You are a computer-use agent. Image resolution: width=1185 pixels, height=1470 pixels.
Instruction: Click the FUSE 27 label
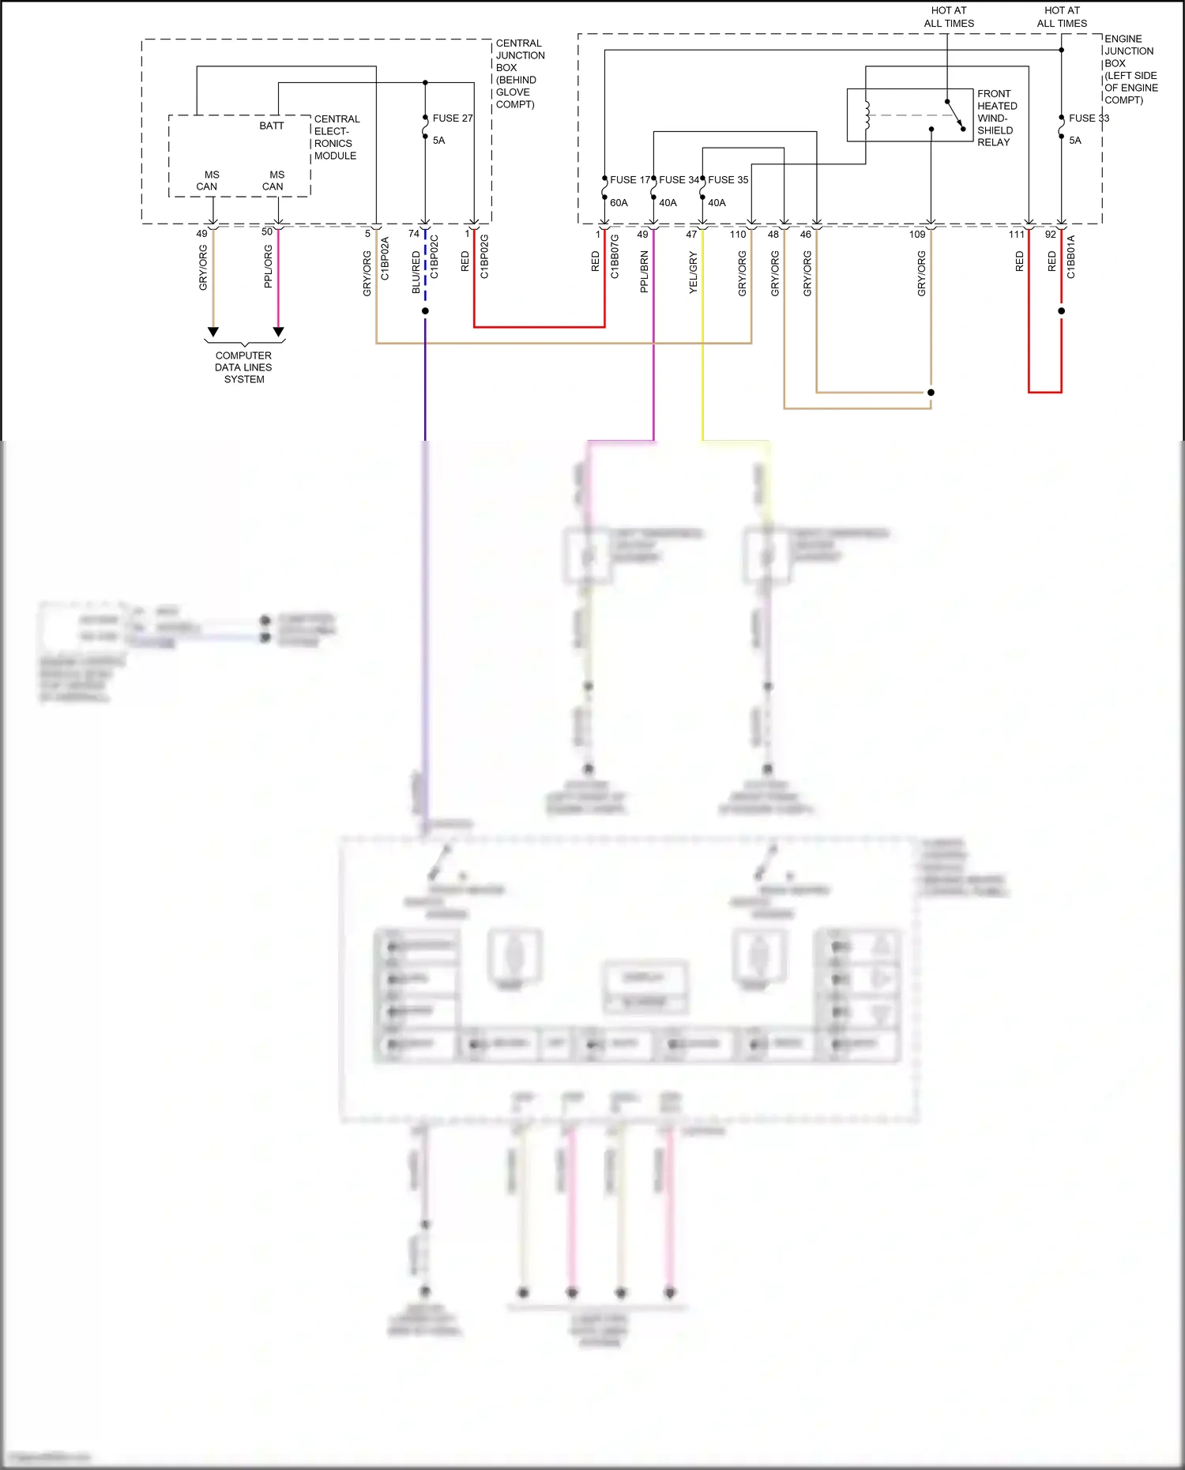coord(452,118)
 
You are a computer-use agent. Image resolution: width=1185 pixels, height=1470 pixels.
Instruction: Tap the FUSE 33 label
coord(1089,118)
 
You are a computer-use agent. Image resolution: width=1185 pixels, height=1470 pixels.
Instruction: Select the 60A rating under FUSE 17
coord(619,203)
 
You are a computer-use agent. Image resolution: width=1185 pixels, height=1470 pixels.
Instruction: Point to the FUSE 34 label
coord(679,180)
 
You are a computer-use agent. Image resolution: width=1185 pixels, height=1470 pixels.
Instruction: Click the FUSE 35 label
coord(728,180)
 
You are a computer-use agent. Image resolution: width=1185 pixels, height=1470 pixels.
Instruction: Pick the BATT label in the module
coord(271,126)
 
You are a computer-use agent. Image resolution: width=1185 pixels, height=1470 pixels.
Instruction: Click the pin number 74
coord(414,234)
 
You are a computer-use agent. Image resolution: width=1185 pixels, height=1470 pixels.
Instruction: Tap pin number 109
coord(916,235)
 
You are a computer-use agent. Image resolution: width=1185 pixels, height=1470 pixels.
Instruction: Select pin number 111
coord(1016,235)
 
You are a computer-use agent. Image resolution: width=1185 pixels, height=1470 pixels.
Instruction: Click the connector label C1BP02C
coord(434,257)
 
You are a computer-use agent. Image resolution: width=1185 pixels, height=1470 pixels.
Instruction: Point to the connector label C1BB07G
coord(615,257)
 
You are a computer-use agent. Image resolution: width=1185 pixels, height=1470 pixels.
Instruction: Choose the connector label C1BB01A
coord(1071,257)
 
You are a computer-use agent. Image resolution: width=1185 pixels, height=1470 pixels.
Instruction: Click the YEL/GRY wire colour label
coord(693,273)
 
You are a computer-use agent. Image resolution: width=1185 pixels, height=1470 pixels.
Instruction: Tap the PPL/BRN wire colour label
coord(644,273)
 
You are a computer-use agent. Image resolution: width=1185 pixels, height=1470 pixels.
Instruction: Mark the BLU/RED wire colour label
coord(416,273)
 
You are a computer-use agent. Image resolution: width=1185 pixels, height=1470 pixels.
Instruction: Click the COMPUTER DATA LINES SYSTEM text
coord(243,367)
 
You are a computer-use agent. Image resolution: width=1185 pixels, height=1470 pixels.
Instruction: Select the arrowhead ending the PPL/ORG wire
coord(278,332)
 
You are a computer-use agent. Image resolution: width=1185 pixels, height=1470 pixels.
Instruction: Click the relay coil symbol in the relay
coord(867,115)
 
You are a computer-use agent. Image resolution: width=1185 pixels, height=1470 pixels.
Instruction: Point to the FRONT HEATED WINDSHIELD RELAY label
coord(996,118)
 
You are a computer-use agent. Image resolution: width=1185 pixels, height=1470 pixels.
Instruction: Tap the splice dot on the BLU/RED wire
coord(425,311)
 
